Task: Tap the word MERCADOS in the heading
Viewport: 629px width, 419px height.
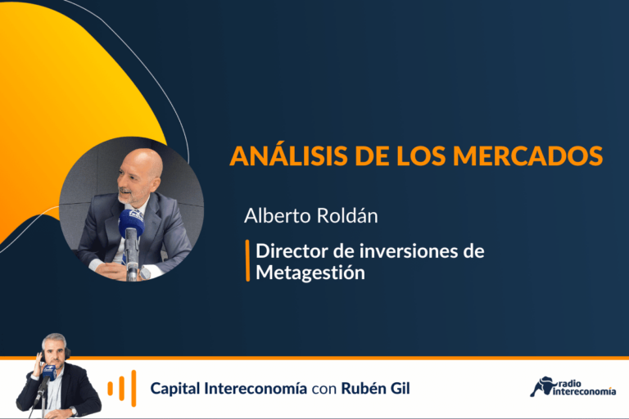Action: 527,155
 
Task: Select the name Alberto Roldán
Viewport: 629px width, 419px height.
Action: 311,216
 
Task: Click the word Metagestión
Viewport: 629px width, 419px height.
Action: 310,273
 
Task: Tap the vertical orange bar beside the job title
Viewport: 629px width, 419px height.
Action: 247,260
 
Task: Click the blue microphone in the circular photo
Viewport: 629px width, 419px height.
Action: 131,223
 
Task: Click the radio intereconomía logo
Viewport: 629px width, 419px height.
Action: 572,387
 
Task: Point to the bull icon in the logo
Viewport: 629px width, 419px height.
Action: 541,386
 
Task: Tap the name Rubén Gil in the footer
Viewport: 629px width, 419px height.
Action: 375,388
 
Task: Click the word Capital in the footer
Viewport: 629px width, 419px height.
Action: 175,389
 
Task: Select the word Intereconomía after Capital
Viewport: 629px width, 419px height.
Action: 256,388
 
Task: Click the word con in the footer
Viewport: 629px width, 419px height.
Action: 324,390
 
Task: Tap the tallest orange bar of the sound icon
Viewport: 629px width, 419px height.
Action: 133,388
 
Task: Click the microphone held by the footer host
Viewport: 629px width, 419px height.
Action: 48,373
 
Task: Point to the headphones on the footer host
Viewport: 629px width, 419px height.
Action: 55,354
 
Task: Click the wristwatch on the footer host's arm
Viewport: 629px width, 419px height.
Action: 73,412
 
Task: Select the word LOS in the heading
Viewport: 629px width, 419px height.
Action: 421,155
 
